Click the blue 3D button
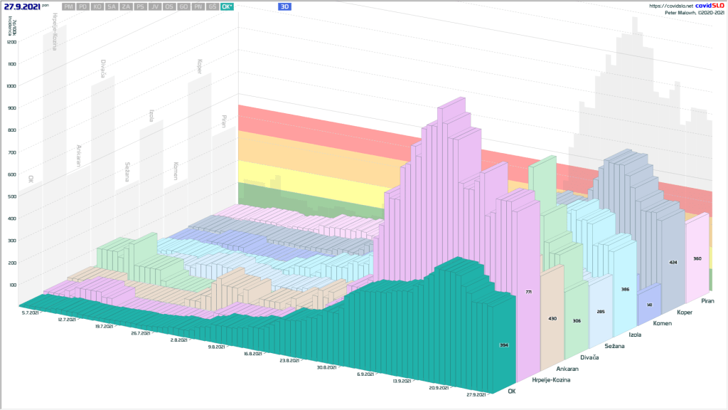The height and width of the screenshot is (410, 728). click(x=285, y=6)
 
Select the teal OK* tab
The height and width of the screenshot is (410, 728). click(x=227, y=6)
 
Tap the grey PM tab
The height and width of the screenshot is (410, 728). click(x=69, y=6)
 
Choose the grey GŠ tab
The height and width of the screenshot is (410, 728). click(x=213, y=6)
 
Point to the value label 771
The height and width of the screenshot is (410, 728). click(x=528, y=293)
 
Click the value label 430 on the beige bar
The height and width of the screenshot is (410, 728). click(x=552, y=318)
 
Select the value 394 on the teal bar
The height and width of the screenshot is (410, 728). click(x=503, y=345)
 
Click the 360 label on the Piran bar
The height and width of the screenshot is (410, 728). click(x=697, y=258)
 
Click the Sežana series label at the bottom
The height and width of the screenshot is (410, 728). click(x=614, y=346)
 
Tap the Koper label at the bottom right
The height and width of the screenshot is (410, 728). click(x=685, y=311)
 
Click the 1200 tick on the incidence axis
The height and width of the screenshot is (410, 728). click(x=11, y=42)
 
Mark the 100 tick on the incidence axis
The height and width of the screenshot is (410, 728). click(x=11, y=285)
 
